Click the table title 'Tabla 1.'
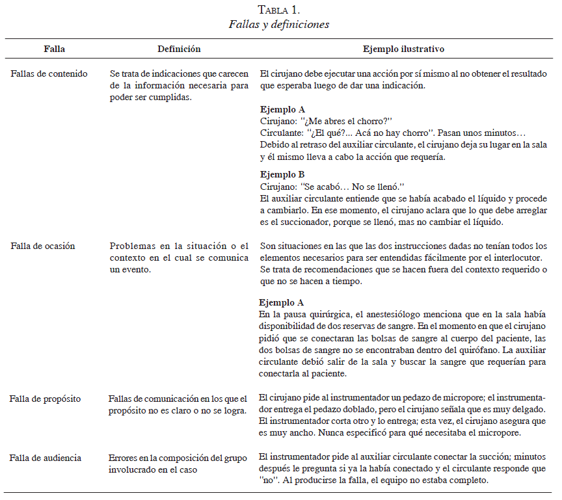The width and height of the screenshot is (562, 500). pos(279,10)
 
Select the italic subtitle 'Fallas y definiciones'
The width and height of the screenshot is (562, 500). pos(279,25)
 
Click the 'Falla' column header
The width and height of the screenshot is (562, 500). pos(54,49)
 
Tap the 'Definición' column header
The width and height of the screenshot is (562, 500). pos(179,49)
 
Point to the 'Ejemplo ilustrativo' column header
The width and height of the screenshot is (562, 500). pos(403,49)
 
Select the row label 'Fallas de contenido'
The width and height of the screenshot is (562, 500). pos(49,73)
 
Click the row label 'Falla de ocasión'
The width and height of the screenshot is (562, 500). pos(43,246)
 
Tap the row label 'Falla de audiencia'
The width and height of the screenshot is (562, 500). pos(46,458)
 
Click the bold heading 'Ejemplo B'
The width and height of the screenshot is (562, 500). pos(282,174)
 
